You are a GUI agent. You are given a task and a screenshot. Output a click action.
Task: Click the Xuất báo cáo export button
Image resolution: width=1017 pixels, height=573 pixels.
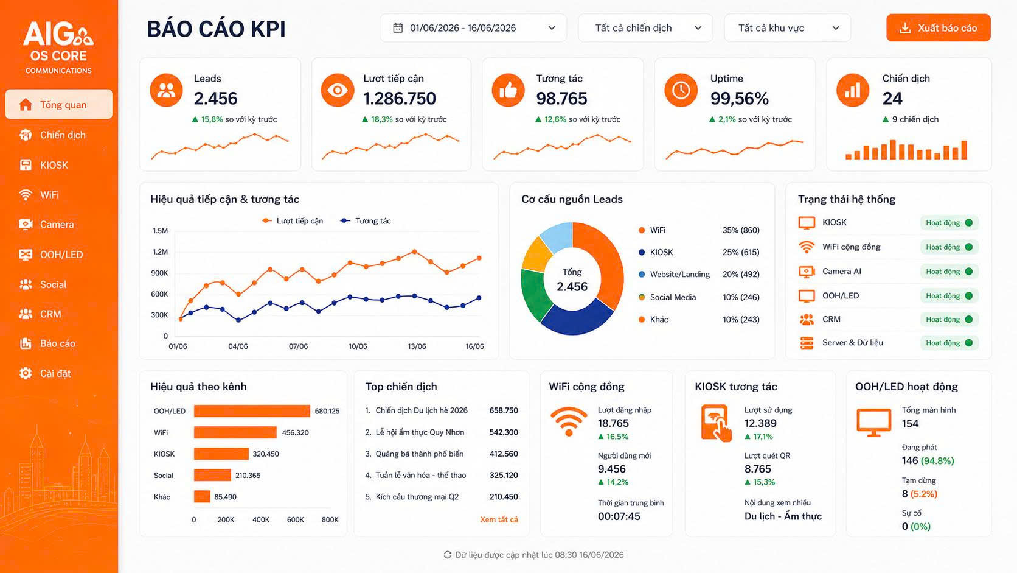coord(938,28)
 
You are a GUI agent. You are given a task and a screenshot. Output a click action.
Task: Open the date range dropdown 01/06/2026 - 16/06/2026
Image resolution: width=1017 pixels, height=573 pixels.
coord(473,28)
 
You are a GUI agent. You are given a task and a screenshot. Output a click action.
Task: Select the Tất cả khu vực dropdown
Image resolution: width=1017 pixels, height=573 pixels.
coord(787,28)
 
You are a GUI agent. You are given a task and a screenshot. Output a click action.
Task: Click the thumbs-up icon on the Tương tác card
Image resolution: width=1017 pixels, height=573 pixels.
coord(508,90)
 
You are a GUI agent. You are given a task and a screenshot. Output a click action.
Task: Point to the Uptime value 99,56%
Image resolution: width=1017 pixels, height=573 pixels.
coord(739,98)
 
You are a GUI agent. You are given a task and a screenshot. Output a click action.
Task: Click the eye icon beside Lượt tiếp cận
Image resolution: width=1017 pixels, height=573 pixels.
coord(338,90)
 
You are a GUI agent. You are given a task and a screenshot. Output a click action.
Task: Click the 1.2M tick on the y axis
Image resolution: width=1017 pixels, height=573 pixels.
coord(160,251)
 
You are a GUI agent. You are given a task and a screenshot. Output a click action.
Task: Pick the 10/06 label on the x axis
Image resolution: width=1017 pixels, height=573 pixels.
coord(358,346)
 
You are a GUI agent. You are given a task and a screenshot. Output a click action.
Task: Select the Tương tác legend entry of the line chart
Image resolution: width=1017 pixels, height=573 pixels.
coord(366,221)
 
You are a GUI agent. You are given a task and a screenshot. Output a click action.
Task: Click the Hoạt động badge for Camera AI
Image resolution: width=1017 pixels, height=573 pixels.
coord(949,272)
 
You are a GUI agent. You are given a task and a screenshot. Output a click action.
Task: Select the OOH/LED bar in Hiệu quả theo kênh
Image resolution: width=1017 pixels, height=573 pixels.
coord(252,411)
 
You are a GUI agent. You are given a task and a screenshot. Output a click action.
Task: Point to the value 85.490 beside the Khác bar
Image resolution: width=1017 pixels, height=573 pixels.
coord(225,497)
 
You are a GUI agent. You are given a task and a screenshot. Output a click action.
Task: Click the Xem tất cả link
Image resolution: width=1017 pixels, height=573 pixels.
coord(499,519)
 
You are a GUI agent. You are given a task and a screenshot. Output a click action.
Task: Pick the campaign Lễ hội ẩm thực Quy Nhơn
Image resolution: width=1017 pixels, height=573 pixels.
coord(420,432)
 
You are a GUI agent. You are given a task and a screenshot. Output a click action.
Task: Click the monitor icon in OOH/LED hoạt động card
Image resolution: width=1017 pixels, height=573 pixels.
coord(873,423)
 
